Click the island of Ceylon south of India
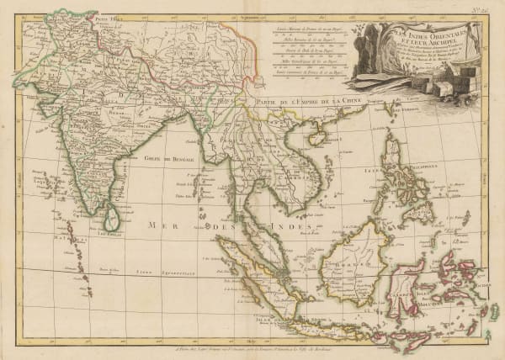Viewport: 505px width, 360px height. click(x=110, y=220)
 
